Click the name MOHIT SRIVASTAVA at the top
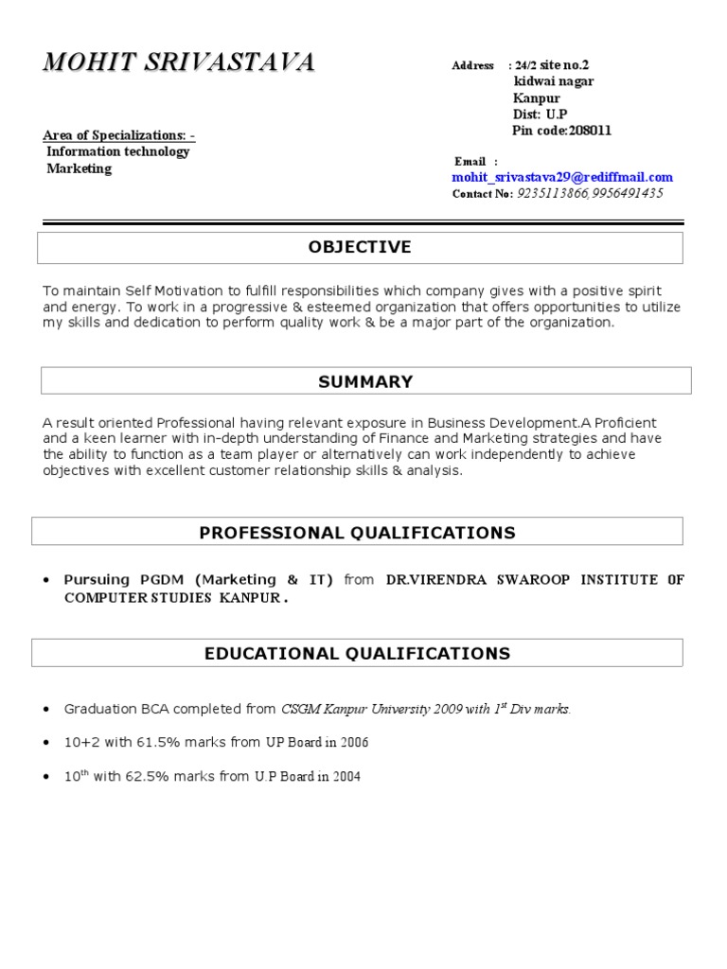tap(179, 63)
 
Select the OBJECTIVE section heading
tap(360, 248)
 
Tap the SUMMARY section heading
tap(365, 382)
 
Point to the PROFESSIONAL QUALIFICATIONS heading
tap(357, 533)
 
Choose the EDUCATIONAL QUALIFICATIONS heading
tap(357, 654)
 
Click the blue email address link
tap(562, 177)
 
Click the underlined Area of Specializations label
tap(119, 135)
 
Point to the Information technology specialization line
tap(118, 152)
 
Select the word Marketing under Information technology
tap(80, 169)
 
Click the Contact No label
tap(482, 194)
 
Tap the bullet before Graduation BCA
tap(47, 709)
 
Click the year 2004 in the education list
tap(346, 778)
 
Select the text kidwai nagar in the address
tap(554, 81)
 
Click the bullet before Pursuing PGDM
tap(47, 580)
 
